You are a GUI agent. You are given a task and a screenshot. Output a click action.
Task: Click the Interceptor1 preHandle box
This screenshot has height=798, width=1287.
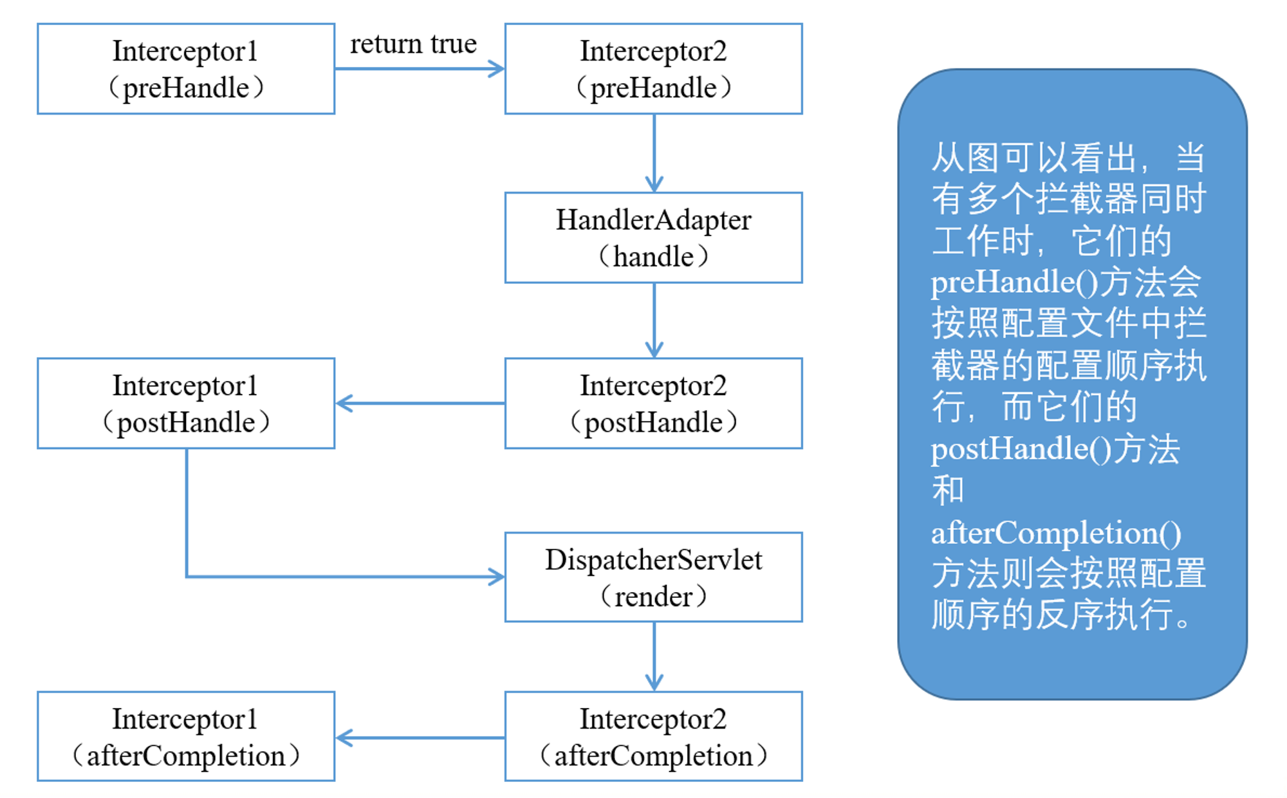coord(186,69)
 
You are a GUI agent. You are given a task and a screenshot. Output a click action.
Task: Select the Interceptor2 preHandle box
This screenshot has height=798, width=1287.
coord(654,69)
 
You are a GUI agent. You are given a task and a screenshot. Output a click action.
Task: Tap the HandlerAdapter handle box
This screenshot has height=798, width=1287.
coord(654,237)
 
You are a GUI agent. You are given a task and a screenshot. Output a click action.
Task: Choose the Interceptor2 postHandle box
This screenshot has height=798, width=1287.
coord(654,404)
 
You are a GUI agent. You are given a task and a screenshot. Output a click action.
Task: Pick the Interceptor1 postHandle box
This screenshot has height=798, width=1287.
coord(186,404)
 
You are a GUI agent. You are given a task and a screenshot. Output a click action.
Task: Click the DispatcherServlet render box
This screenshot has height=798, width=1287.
coord(654,577)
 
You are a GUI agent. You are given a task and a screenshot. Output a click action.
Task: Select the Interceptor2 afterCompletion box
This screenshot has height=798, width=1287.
coord(654,737)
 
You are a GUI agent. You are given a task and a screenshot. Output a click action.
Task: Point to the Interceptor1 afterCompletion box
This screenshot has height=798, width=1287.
coord(186,737)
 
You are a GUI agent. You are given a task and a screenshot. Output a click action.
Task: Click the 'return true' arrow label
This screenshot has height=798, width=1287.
coord(413,44)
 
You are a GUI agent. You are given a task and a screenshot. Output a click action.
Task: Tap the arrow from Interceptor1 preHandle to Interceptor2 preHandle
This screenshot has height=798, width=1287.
coord(420,69)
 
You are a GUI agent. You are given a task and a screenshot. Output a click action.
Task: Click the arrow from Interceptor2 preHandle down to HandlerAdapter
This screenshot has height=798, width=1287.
coord(654,153)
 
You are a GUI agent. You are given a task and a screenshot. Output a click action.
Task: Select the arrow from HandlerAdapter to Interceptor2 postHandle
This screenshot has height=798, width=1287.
coord(654,320)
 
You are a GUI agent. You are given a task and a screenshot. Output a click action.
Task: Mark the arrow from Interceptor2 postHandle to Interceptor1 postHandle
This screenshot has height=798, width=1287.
coord(420,404)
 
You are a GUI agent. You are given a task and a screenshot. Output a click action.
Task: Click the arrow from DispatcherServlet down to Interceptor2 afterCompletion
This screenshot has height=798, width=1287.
coord(654,657)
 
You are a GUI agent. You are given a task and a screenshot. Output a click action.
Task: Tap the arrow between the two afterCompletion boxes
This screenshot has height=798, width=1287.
coord(420,738)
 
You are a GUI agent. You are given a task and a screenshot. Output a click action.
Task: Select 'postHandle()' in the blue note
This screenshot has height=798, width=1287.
coord(1021,449)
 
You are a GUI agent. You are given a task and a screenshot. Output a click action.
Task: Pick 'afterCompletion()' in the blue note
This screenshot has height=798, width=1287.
coord(1056,533)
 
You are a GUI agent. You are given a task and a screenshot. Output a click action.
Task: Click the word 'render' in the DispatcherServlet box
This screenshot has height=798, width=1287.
coord(654,597)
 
